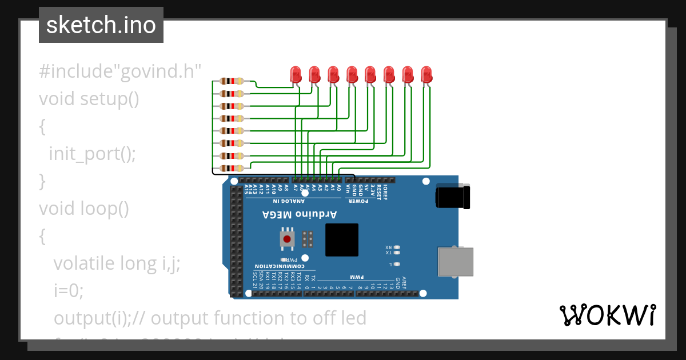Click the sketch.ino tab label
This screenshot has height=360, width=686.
click(101, 25)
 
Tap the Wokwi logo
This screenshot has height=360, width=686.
click(607, 315)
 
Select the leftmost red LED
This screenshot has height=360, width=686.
click(296, 74)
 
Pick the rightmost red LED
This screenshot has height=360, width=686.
click(426, 74)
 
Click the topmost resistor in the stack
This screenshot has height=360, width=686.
click(232, 81)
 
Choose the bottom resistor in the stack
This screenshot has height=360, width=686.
click(232, 168)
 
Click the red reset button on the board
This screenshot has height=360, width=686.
click(287, 238)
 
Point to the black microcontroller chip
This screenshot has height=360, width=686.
click(342, 240)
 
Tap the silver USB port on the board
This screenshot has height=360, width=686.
click(455, 262)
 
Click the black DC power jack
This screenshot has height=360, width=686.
click(453, 197)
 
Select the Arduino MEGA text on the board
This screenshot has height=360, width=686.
click(300, 214)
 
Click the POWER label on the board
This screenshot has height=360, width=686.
click(358, 201)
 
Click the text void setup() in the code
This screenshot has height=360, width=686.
click(89, 99)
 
